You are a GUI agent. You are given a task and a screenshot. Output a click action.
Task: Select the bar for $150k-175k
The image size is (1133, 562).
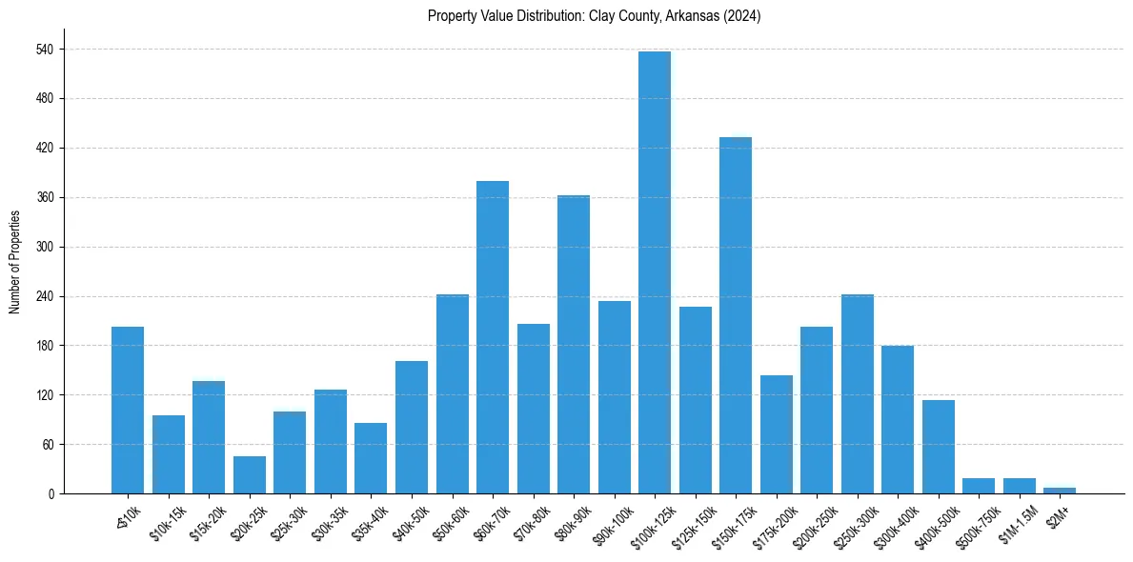tap(736, 315)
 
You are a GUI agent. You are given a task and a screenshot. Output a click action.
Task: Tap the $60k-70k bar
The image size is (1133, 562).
tap(493, 337)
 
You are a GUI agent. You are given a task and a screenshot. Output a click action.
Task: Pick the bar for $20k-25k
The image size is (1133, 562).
tap(250, 474)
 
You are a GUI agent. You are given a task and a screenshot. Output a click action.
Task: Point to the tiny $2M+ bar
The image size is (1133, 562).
tap(1060, 490)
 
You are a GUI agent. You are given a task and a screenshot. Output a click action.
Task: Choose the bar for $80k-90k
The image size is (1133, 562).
tap(574, 344)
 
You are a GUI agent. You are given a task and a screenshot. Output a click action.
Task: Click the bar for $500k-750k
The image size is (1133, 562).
tap(979, 486)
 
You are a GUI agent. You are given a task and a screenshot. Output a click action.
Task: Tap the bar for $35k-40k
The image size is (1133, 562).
tap(371, 458)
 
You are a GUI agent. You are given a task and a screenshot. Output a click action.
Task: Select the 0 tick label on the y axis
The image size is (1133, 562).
tap(51, 493)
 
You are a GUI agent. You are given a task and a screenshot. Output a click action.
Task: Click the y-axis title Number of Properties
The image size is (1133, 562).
tap(14, 262)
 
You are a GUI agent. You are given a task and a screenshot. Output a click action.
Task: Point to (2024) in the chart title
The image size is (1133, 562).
tap(740, 16)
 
